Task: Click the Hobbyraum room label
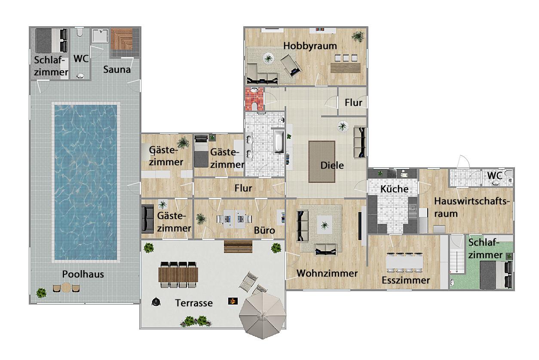(x=310, y=46)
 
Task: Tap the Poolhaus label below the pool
(x=83, y=274)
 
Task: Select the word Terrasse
(x=194, y=303)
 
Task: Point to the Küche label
(x=395, y=189)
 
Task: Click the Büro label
(x=264, y=231)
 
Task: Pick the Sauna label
(x=117, y=69)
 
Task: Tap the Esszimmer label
(x=406, y=280)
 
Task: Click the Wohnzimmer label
(x=327, y=273)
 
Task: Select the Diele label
(x=332, y=166)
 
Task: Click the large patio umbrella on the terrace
(x=263, y=315)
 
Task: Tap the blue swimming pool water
(x=86, y=182)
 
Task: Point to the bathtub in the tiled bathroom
(x=279, y=142)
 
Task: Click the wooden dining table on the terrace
(x=178, y=274)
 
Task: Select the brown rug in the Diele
(x=322, y=162)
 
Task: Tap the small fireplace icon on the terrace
(x=233, y=301)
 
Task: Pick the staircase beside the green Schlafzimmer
(x=457, y=261)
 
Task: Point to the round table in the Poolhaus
(x=66, y=288)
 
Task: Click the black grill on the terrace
(x=156, y=302)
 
